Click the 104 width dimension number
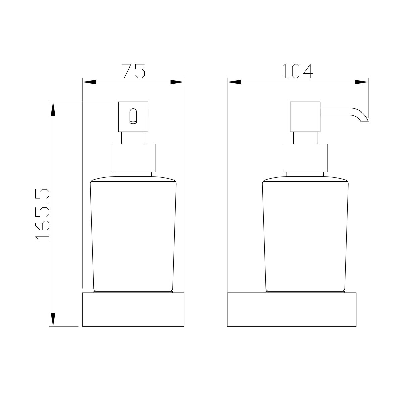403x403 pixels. (298, 71)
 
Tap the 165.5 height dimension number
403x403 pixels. (43, 214)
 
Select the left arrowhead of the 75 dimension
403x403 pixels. (89, 82)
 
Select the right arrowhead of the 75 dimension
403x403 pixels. (177, 82)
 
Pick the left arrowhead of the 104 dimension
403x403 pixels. (234, 82)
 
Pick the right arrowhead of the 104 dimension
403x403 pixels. (361, 82)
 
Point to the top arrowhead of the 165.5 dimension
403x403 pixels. (53, 109)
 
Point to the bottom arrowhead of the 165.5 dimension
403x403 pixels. (53, 320)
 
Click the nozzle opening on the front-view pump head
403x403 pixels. (133, 116)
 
